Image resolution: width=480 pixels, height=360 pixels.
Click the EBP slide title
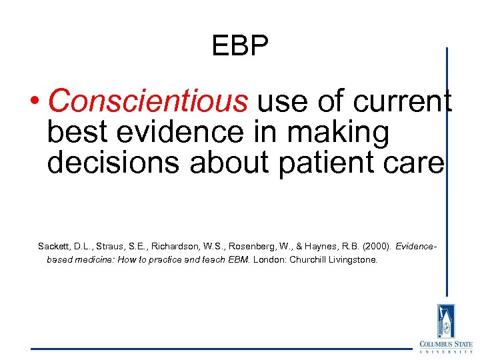[240, 46]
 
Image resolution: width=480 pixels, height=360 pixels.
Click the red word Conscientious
[149, 101]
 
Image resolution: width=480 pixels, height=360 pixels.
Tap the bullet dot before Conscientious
[36, 102]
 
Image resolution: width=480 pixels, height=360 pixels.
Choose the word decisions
[113, 163]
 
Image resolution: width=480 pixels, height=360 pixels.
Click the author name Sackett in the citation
[54, 247]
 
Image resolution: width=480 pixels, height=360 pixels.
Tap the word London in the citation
[269, 259]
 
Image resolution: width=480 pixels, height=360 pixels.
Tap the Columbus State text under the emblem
[445, 344]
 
